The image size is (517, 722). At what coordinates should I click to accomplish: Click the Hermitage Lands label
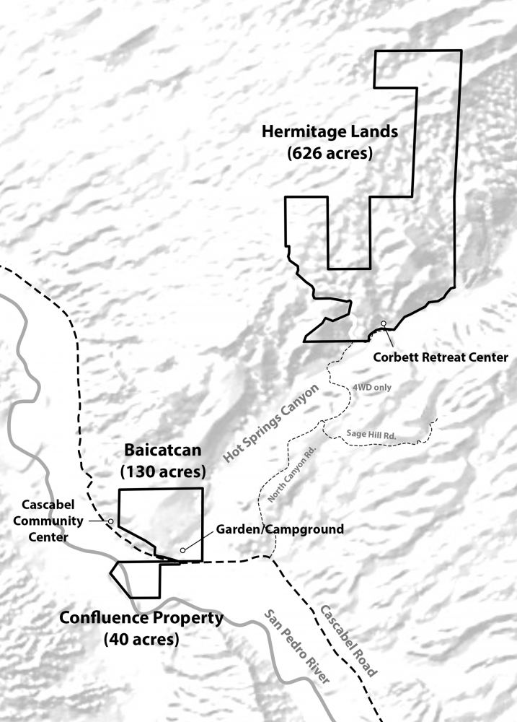tap(330, 132)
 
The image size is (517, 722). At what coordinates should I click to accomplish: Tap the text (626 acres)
tap(330, 154)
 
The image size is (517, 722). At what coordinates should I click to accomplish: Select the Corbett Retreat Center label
tap(441, 357)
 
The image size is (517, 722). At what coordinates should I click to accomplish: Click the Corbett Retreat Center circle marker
tap(384, 323)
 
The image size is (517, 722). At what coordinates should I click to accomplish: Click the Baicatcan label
tap(162, 451)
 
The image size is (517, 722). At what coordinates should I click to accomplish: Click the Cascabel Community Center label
tap(46, 521)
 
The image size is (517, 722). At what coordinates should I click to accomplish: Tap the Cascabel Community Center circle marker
tap(110, 521)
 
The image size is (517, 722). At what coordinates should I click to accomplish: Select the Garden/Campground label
tap(279, 529)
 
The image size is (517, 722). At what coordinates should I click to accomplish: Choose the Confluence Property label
tap(141, 619)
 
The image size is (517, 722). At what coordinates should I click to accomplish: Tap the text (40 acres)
tap(141, 639)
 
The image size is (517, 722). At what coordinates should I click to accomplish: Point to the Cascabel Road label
tap(348, 640)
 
